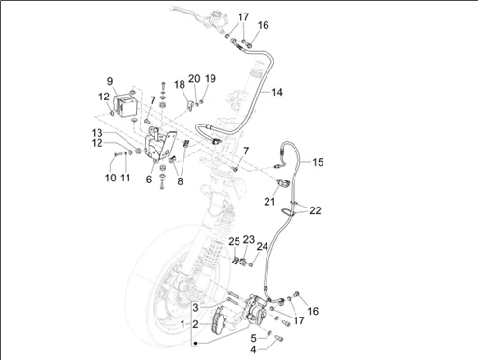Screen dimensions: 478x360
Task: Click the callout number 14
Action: pyautogui.click(x=277, y=92)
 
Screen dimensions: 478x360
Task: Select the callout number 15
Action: pyautogui.click(x=318, y=162)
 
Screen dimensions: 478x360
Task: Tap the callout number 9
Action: pyautogui.click(x=110, y=81)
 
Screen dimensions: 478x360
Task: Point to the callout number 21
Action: pyautogui.click(x=269, y=202)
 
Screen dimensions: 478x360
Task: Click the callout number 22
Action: pyautogui.click(x=315, y=210)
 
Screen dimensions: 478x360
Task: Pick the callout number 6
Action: pyautogui.click(x=149, y=180)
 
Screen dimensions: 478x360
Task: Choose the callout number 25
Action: pyautogui.click(x=234, y=241)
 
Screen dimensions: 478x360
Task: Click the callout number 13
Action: pyautogui.click(x=97, y=133)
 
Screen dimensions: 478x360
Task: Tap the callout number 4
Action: pyautogui.click(x=253, y=349)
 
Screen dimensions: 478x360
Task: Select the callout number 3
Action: pyautogui.click(x=195, y=308)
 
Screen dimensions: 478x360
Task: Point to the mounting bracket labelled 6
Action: pyautogui.click(x=160, y=145)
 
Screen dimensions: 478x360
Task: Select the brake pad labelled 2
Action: pyautogui.click(x=217, y=319)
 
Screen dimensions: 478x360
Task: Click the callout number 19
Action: pyautogui.click(x=211, y=79)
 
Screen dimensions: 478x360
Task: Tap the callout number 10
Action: pyautogui.click(x=111, y=178)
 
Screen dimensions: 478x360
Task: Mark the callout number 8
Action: pyautogui.click(x=180, y=181)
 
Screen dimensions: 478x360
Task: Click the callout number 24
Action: pyautogui.click(x=262, y=247)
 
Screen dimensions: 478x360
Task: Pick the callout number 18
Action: pyautogui.click(x=180, y=85)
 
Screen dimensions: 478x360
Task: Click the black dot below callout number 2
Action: pyautogui.click(x=195, y=344)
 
